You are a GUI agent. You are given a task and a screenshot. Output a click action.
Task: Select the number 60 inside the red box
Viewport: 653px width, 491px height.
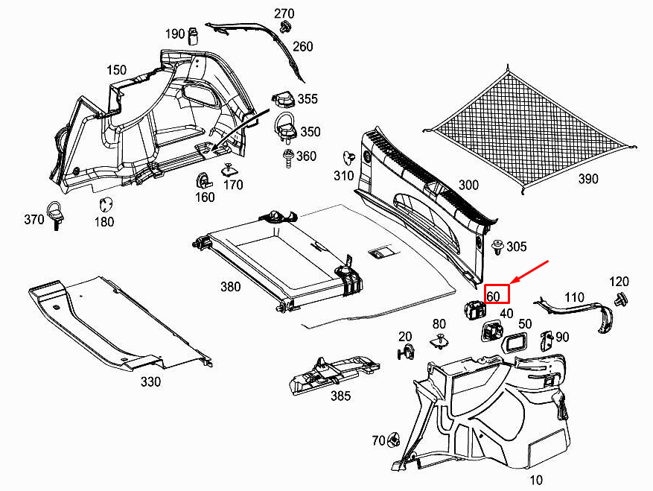coord(494,295)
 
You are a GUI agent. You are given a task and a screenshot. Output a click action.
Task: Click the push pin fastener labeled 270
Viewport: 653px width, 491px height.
coord(284,28)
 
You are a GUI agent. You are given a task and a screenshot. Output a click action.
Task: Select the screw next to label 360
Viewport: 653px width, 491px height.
coord(286,157)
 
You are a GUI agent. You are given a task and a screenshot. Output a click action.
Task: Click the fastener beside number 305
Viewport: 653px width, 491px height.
coord(497,246)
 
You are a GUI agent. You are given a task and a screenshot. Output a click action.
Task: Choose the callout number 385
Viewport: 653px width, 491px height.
coord(340,396)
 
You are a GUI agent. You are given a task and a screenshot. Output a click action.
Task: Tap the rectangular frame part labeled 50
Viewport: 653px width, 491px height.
coord(516,342)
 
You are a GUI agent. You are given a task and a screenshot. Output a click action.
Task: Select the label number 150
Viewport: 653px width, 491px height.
coord(116,70)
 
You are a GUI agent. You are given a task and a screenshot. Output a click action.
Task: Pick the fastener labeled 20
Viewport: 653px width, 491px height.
coord(406,353)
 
